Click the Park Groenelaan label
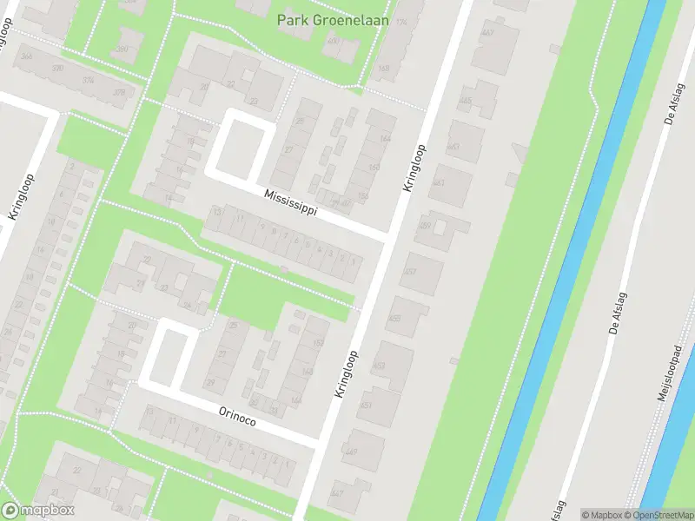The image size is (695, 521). (331, 19)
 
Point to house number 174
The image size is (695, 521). (400, 21)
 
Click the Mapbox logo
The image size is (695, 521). (39, 511)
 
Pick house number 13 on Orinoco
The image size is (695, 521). (149, 411)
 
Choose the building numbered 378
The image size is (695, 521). (119, 93)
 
